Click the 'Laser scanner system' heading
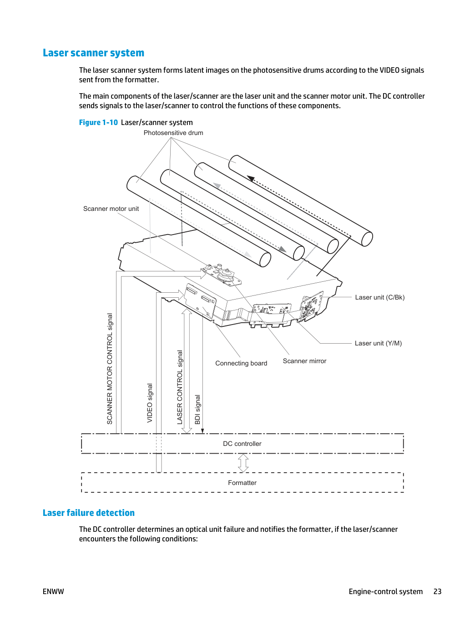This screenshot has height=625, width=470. (x=93, y=53)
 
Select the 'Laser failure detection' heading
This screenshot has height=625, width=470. (x=89, y=513)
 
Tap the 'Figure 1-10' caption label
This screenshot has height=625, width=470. (x=98, y=122)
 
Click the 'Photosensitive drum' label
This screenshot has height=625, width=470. (x=173, y=133)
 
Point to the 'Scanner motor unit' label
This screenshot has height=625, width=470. (x=111, y=209)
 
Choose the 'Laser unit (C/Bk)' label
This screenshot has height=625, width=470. (x=379, y=297)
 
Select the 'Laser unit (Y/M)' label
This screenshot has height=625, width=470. (x=378, y=343)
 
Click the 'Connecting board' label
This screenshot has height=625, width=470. (x=241, y=363)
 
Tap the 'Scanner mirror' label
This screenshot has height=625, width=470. (x=304, y=361)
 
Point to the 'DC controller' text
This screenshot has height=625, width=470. (x=242, y=444)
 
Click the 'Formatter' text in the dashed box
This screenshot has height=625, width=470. (x=242, y=483)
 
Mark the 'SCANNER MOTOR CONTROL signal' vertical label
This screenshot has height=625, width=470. (x=110, y=369)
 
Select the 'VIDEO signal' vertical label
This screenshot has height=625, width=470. (x=150, y=403)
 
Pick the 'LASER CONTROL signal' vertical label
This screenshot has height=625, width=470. (x=180, y=387)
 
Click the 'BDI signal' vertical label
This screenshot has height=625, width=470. (x=197, y=410)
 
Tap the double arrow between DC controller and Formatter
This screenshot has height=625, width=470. (x=243, y=463)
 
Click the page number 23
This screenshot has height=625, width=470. (x=437, y=591)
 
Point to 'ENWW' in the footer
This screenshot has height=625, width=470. (x=53, y=591)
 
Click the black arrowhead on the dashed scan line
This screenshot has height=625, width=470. (x=251, y=178)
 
